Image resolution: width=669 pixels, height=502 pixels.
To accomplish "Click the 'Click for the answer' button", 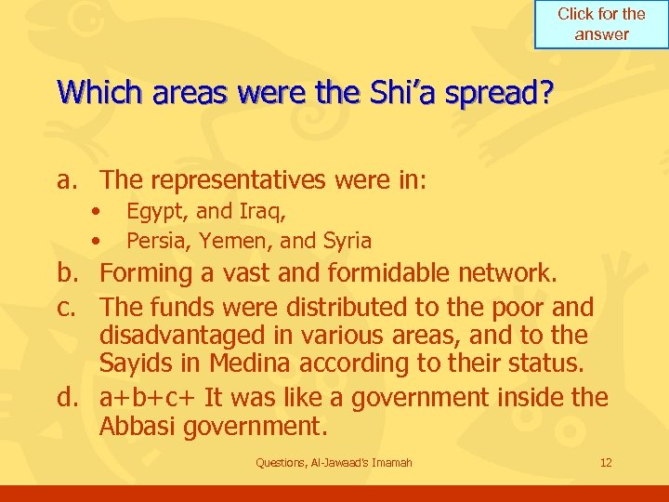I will coord(601,24).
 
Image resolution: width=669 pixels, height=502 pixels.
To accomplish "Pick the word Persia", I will coord(155,241).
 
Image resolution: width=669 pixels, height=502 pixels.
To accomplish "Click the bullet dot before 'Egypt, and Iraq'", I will coord(96,213).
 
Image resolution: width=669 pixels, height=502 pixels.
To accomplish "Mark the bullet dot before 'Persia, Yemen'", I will coord(96,241).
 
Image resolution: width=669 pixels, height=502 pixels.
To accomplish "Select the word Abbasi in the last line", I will coord(138,428).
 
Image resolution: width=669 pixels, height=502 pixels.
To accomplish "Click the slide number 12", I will coord(606,462).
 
